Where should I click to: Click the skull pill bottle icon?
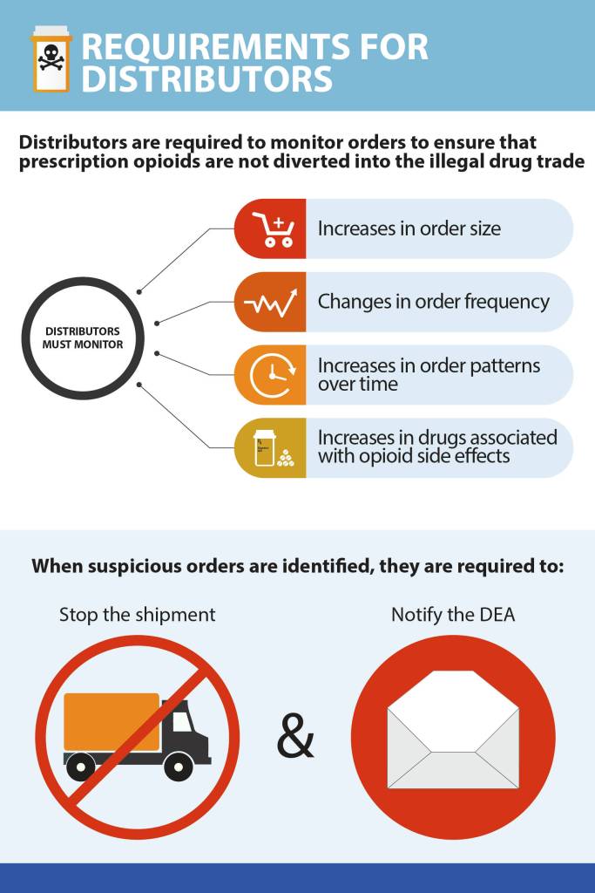[51, 59]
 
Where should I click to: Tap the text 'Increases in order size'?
[409, 229]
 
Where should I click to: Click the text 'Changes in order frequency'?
[433, 302]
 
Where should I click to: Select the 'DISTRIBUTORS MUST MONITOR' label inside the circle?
[83, 337]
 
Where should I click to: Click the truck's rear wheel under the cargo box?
[82, 767]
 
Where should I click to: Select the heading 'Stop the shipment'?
[137, 615]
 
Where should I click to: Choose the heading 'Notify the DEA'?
[453, 615]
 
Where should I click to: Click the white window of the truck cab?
[181, 721]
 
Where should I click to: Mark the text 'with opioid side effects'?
[413, 455]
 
